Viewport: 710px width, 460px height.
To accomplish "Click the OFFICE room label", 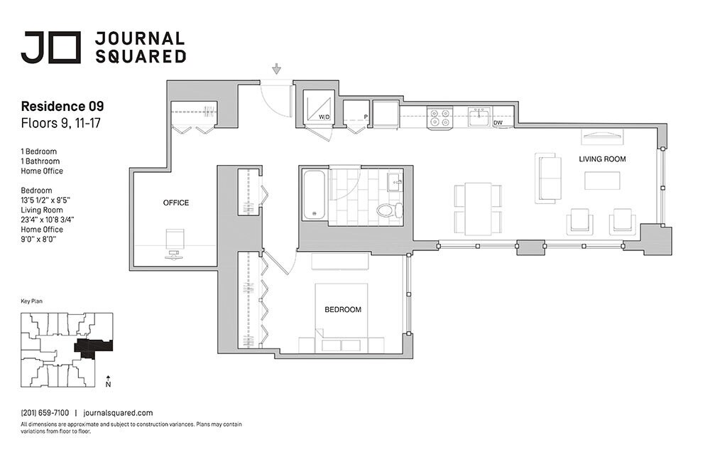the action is [176, 203].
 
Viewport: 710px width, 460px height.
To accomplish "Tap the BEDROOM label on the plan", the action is [343, 310].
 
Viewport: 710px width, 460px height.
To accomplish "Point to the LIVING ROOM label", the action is [602, 159].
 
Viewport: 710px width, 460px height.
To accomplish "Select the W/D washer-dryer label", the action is [324, 117].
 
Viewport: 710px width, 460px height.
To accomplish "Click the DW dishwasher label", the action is [498, 123].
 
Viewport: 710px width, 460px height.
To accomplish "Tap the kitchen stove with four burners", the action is [438, 117].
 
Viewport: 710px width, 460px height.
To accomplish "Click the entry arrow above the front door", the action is [277, 69].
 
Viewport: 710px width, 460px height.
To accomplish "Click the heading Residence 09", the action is [62, 107].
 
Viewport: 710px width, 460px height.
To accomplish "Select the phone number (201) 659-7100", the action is [45, 412].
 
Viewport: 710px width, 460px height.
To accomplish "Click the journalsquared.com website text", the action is [118, 412].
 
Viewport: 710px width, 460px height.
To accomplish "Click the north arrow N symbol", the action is [107, 381].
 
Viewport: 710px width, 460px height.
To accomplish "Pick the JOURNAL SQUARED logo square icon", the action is [68, 48].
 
